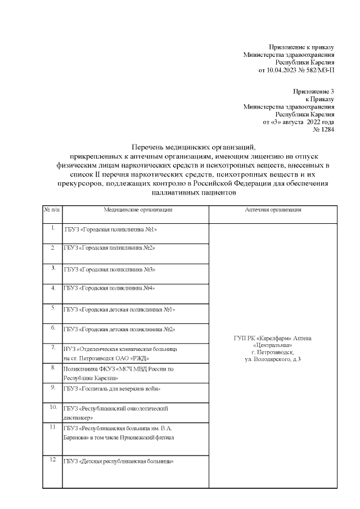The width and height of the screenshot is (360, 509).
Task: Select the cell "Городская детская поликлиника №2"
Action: pyautogui.click(x=120, y=329)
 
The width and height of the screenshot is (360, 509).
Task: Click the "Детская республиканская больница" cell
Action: pyautogui.click(x=118, y=462)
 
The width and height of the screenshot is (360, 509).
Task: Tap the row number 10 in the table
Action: pyautogui.click(x=52, y=406)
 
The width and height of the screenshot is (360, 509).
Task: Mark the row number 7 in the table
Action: pyautogui.click(x=52, y=346)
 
